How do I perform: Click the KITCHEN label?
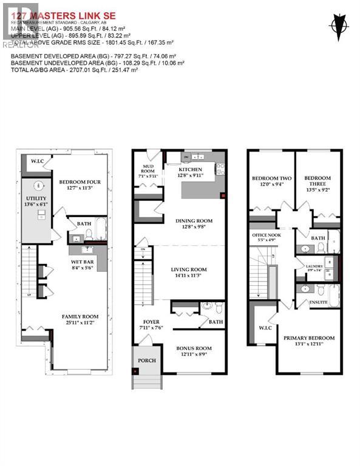click(x=192, y=172)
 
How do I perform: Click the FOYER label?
click(x=151, y=324)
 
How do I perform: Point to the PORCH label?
click(x=146, y=360)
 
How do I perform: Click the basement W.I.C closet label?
click(x=35, y=161)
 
